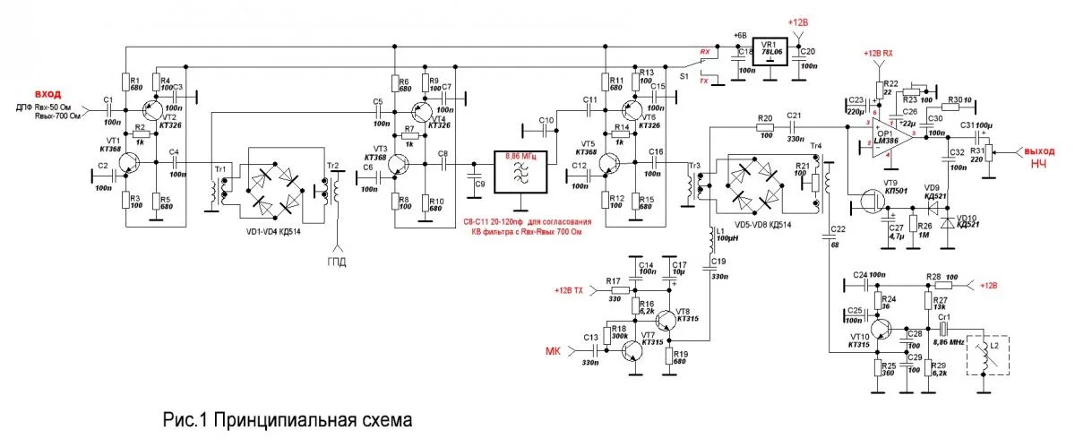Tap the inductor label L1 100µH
click(725, 235)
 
